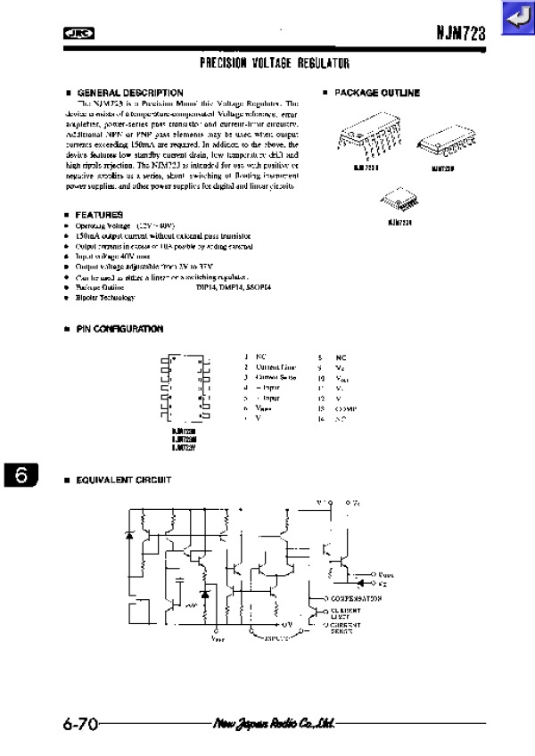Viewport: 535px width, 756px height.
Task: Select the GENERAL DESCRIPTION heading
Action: (130, 93)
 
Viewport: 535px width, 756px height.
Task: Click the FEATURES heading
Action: (99, 215)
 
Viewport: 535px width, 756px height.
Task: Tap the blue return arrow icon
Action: (516, 18)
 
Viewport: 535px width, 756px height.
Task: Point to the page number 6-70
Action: (79, 723)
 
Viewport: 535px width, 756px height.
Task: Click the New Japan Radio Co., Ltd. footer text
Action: (273, 723)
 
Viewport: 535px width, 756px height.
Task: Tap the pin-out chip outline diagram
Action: (185, 387)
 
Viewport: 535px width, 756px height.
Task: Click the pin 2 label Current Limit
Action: (276, 367)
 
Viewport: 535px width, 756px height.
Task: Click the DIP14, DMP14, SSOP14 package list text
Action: (234, 287)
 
